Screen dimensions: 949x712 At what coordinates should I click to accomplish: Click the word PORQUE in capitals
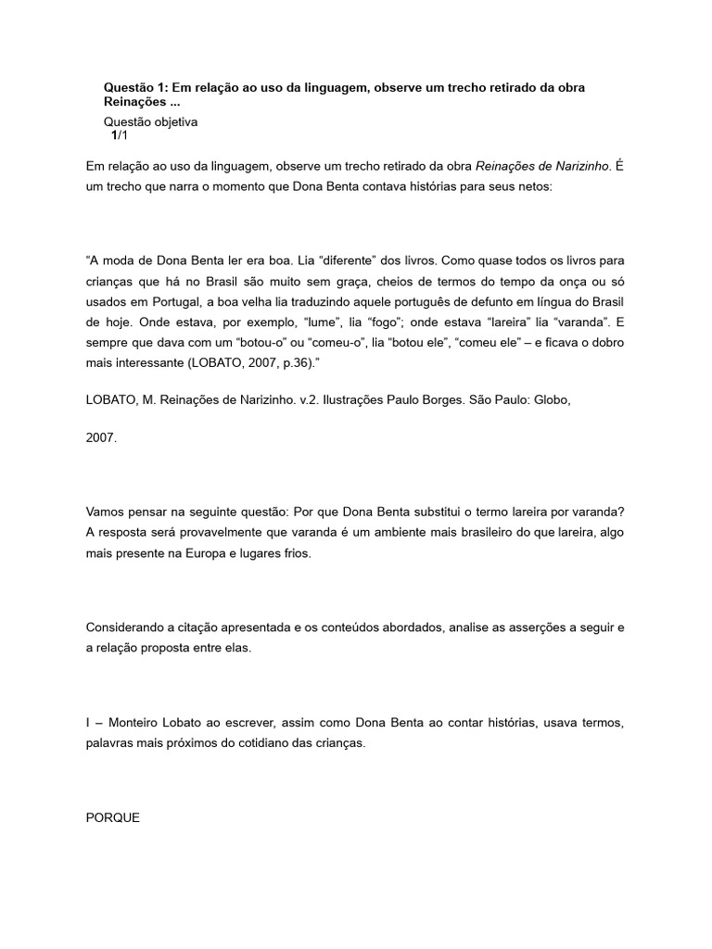tap(112, 818)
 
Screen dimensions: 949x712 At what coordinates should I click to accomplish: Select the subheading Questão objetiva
tap(150, 121)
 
